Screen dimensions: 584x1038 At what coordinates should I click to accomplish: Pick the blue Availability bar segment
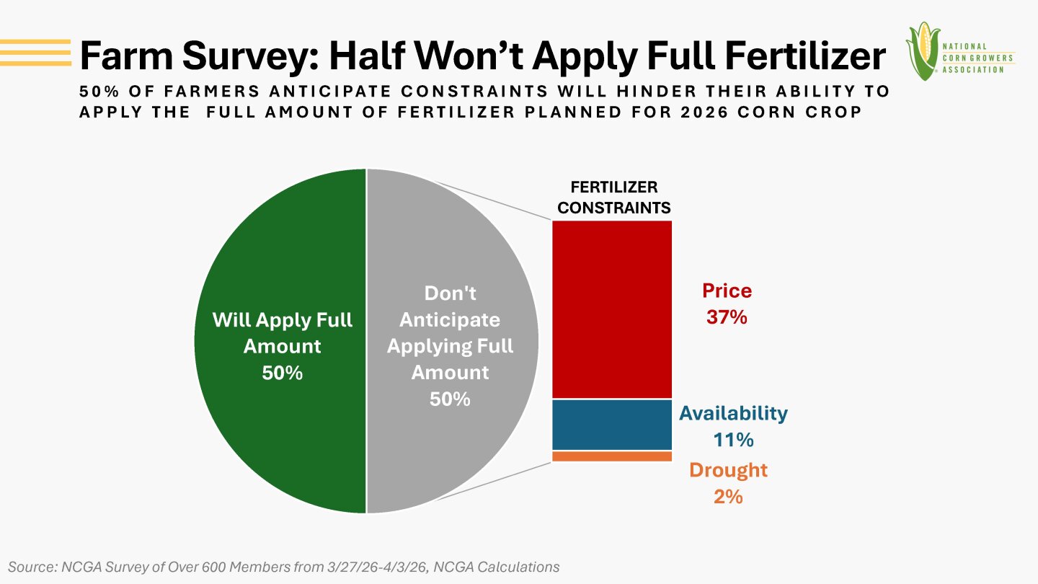612,425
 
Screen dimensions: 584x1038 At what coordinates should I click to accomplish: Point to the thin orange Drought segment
612,456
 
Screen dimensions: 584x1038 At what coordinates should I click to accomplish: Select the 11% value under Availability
733,439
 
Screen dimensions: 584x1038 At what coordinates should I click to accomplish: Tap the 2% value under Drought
728,496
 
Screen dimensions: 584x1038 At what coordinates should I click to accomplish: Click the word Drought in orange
728,470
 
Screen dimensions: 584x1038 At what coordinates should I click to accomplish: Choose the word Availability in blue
733,413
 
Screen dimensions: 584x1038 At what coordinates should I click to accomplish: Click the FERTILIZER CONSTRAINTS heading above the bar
614,197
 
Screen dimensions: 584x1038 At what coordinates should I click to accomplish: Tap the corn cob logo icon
923,50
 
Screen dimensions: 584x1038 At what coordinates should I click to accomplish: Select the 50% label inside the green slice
282,373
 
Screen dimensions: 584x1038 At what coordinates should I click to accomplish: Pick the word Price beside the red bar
727,291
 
